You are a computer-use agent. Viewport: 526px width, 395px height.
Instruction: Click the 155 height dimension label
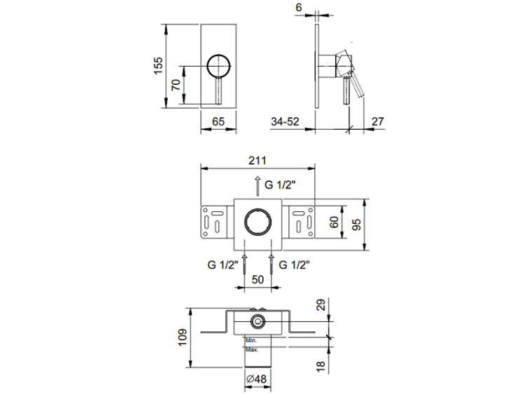(x=159, y=66)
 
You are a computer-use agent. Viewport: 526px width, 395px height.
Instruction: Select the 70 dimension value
(x=176, y=85)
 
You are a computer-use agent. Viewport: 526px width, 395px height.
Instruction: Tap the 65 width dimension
(x=218, y=121)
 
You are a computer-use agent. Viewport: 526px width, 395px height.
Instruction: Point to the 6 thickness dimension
(x=299, y=7)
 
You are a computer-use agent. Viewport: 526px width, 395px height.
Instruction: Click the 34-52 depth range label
(x=285, y=121)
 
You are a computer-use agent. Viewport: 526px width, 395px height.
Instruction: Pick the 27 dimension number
(x=378, y=121)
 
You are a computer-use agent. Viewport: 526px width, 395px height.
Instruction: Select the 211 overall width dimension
(x=257, y=161)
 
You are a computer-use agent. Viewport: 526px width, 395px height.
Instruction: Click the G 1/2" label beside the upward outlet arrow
(x=280, y=185)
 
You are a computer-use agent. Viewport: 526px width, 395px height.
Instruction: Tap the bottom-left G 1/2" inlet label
(x=223, y=265)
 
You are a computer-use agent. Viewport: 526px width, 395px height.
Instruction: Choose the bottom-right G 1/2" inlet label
(x=294, y=265)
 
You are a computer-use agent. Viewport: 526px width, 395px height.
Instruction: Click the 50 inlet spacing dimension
(x=257, y=279)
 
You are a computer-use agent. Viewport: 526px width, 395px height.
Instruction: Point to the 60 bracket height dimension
(x=334, y=222)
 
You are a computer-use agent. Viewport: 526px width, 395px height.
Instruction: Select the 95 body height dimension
(x=357, y=225)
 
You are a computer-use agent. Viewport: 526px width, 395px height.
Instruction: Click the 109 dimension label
(x=182, y=337)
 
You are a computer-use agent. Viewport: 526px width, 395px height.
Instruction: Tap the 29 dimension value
(x=321, y=305)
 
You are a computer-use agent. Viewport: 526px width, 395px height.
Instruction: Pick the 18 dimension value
(x=321, y=366)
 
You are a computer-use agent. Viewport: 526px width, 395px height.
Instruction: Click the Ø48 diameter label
(x=256, y=380)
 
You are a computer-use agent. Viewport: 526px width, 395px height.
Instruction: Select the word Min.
(x=251, y=340)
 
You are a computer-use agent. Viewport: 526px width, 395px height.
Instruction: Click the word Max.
(x=252, y=349)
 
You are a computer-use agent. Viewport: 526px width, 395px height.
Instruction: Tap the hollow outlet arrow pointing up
(x=257, y=186)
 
